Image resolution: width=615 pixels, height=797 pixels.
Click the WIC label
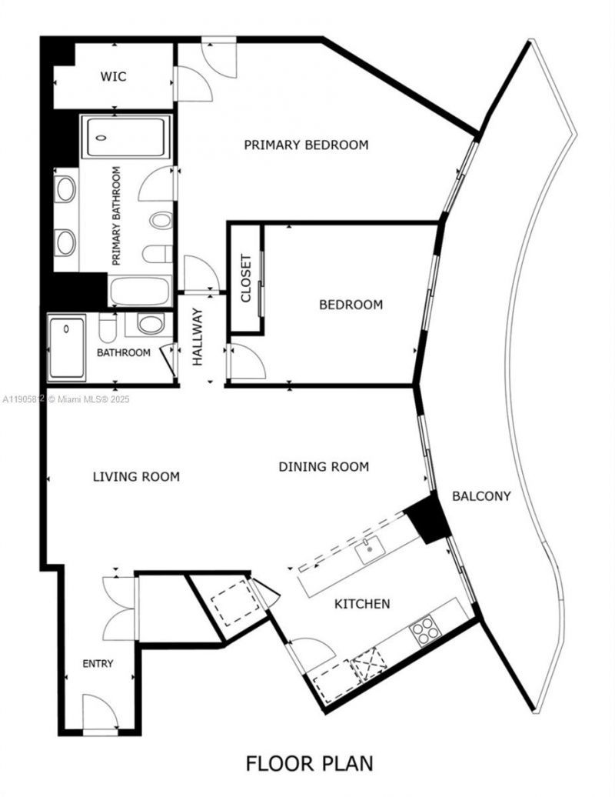tap(113, 77)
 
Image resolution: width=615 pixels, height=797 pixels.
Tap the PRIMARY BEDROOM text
tap(306, 145)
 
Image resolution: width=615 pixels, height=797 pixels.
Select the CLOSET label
tap(246, 278)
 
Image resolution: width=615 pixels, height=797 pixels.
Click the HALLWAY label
tap(198, 336)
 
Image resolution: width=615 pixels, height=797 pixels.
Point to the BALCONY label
tap(481, 496)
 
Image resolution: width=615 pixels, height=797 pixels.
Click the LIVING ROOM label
tap(136, 477)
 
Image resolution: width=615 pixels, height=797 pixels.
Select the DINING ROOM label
tap(324, 466)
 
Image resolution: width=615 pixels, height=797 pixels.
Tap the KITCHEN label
tap(361, 604)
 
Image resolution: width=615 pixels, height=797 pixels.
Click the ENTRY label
tap(98, 663)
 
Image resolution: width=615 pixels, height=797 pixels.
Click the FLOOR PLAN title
tap(309, 763)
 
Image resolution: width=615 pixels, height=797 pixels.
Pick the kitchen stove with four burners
tap(425, 632)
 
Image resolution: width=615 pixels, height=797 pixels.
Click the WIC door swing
tap(192, 83)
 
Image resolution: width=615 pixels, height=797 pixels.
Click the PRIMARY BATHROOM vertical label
tap(117, 216)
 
